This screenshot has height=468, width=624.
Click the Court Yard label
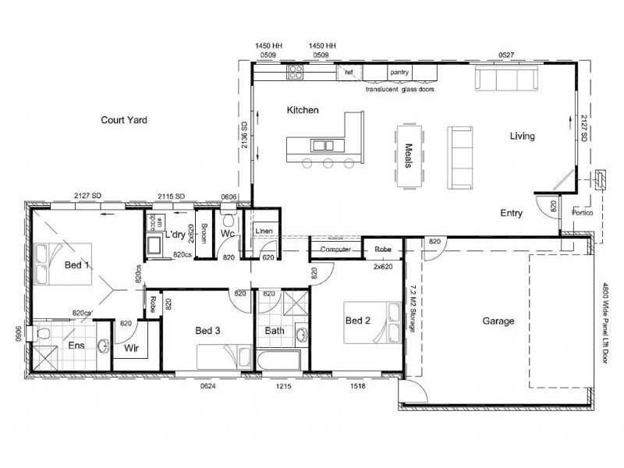(124, 120)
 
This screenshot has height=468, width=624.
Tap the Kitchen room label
(303, 110)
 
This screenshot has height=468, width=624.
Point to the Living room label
(522, 136)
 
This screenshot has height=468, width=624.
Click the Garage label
(498, 321)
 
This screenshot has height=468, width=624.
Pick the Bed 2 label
(357, 321)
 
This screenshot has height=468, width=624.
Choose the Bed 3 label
(207, 331)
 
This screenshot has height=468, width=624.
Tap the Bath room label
(275, 331)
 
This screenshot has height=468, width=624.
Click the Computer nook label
(336, 250)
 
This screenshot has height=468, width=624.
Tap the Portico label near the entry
(583, 212)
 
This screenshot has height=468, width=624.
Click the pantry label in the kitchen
(400, 73)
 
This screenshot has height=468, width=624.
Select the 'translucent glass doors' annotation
(399, 89)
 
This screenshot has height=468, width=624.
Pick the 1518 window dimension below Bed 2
(359, 385)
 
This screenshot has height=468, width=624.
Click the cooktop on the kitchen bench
(296, 73)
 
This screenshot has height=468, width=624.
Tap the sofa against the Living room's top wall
(505, 78)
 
